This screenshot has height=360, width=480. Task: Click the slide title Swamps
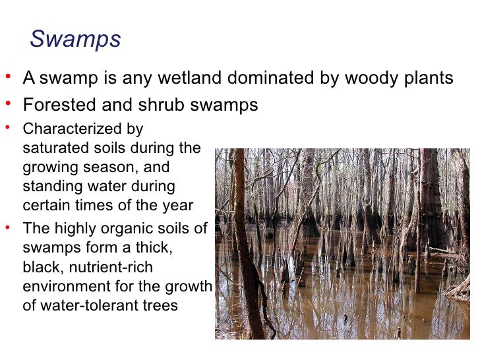(75, 40)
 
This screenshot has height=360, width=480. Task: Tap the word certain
(46, 205)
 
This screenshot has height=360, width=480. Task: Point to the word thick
(155, 249)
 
